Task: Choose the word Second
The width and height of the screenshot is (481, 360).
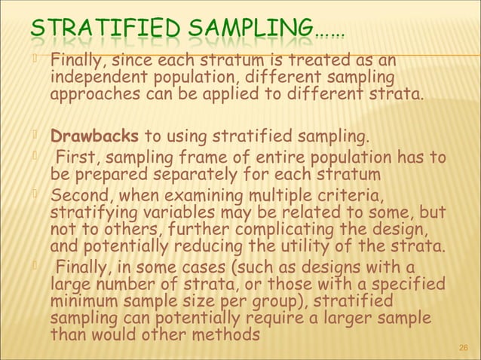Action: click(78, 196)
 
